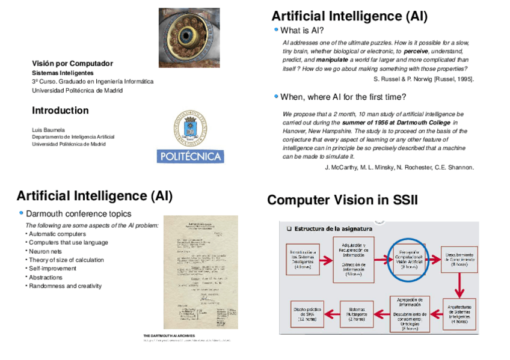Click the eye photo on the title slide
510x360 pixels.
pos(189,37)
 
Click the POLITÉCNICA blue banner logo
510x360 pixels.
pos(190,156)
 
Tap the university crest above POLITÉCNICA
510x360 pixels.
pos(191,129)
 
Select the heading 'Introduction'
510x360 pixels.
pos(60,111)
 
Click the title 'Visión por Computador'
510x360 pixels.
pos(72,63)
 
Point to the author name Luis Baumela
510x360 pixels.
pos(48,129)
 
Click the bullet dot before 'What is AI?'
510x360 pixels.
pos(275,29)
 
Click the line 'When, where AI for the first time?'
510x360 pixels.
pos(343,96)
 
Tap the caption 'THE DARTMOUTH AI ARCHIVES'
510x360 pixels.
pos(170,335)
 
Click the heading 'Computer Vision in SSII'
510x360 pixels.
pos(342,200)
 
